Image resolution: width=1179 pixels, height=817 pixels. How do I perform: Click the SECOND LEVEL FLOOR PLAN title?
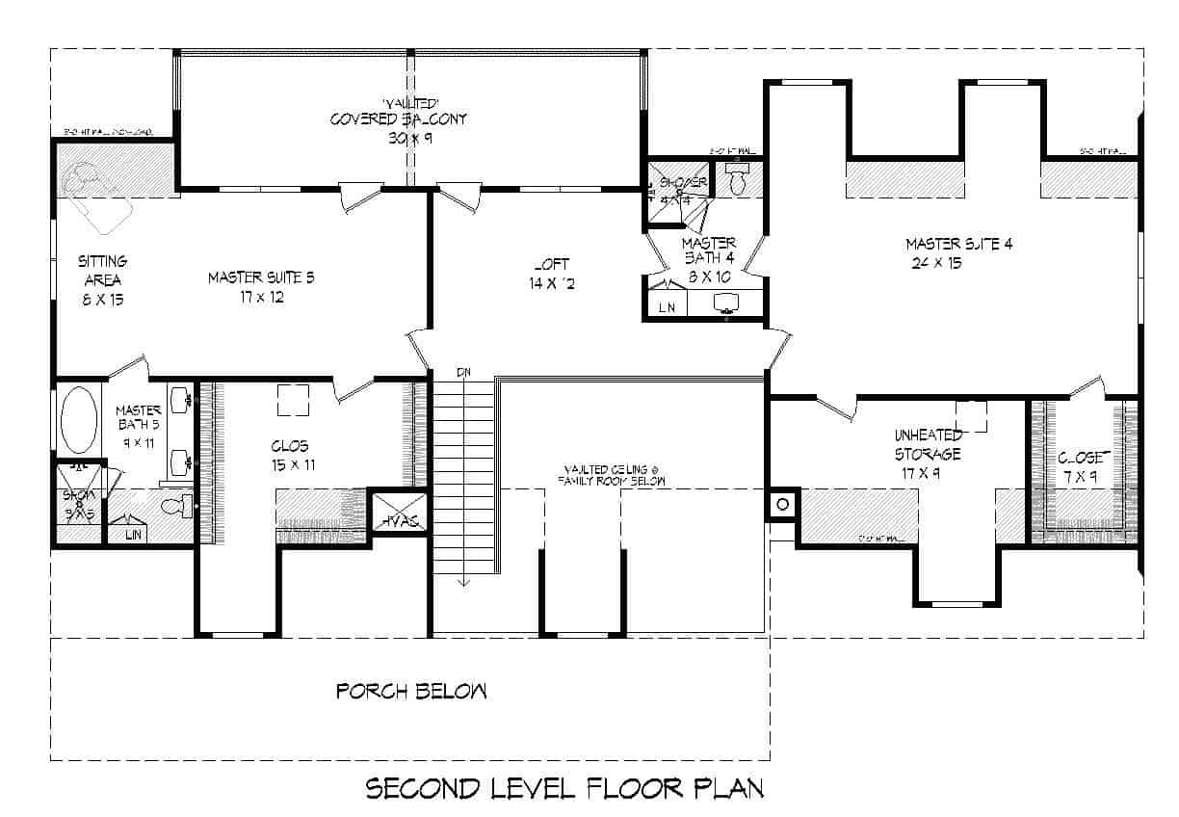point(564,789)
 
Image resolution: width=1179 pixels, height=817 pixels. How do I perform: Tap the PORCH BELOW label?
point(411,691)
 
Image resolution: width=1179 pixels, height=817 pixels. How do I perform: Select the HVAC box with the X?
point(398,509)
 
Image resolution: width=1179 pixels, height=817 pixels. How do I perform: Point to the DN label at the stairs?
point(463,371)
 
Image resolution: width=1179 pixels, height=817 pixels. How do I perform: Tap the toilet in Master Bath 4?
point(739,180)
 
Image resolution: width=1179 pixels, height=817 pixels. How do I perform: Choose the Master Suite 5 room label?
point(262,287)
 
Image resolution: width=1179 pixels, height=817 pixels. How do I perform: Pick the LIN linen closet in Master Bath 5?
point(134,533)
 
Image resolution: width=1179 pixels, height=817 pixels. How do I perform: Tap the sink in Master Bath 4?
point(726,303)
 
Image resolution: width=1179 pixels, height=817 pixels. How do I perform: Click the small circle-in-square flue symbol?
point(782,504)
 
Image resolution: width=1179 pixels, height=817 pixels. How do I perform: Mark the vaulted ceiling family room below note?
point(616,474)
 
